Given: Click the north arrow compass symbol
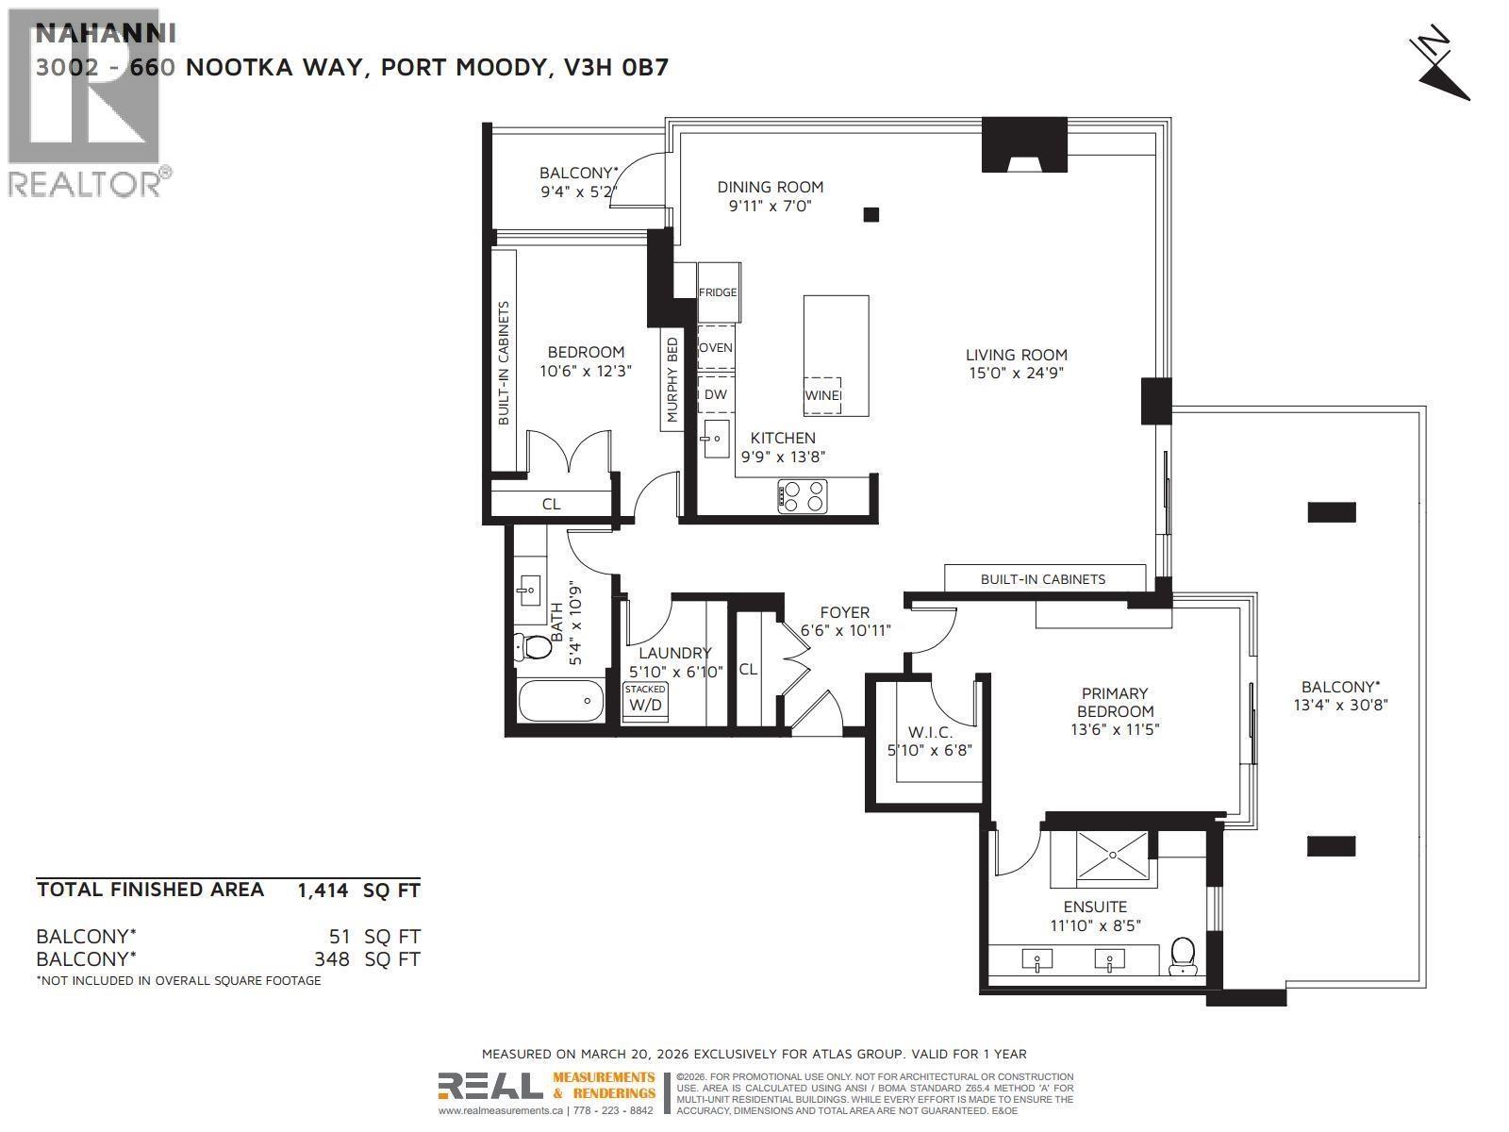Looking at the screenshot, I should pos(1440,69).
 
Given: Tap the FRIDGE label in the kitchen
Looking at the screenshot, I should pos(718,292).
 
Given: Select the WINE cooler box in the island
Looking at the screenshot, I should pos(822,395).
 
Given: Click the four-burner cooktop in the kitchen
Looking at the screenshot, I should pos(803,496).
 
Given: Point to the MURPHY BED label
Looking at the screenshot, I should pos(672,380).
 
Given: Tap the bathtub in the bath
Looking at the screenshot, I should pos(560,701).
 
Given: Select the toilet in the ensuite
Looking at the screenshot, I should pos(1182,956).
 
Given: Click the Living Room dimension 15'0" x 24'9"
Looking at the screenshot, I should pos(1016,373).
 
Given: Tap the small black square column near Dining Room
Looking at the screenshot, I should pos(871,215).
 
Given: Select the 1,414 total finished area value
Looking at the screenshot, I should pos(323,890).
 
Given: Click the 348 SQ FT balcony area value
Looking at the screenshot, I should pos(331,959).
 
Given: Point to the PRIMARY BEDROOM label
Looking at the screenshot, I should pos(1115,703).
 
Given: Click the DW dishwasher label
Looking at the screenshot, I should pos(716,394).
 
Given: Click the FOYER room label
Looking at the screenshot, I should pos(844,612).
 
